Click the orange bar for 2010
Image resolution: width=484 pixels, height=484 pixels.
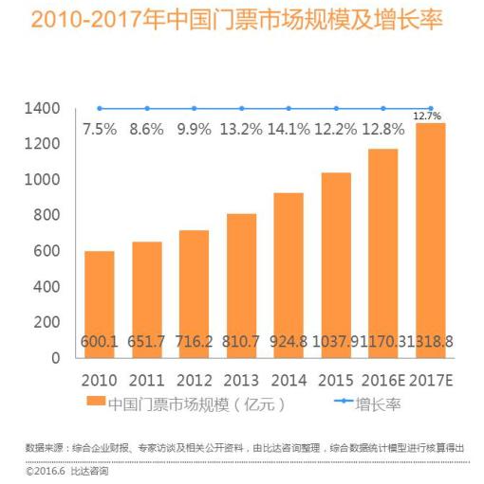tap(100, 305)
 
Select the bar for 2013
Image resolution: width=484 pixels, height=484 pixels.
tap(242, 286)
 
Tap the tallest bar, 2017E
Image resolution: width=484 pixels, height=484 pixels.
tap(431, 241)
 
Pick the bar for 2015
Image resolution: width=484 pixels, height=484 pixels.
tap(336, 265)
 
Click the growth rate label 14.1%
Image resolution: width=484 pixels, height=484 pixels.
tap(289, 129)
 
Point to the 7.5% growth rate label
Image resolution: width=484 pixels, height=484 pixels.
tap(100, 129)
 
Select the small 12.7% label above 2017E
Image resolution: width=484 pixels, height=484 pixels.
tap(427, 117)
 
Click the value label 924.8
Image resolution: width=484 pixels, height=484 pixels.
tap(289, 342)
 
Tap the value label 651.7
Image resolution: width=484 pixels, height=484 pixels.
tap(146, 342)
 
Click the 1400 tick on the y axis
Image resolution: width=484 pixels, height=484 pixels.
tap(42, 109)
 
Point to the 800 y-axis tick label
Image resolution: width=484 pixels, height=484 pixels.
tap(47, 215)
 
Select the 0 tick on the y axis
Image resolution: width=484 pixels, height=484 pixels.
tap(56, 358)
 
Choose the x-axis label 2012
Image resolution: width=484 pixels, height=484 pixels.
tap(195, 381)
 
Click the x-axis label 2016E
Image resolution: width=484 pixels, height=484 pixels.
tap(383, 381)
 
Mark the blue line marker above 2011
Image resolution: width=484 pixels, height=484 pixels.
tap(147, 108)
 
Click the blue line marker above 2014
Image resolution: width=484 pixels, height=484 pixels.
tap(289, 108)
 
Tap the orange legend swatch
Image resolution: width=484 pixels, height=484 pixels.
tap(96, 401)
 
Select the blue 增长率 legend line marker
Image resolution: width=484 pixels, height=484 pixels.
tap(344, 401)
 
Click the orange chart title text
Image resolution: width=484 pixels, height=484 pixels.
tap(236, 20)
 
